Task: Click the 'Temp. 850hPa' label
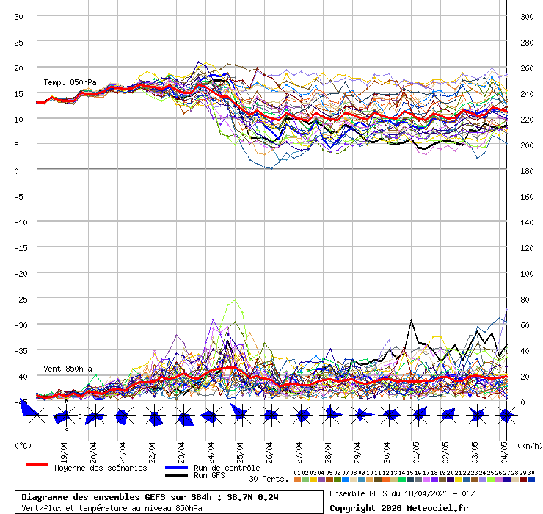(x=70, y=82)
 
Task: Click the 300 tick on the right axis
(x=527, y=17)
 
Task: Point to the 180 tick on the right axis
(x=527, y=171)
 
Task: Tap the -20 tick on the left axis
(x=21, y=274)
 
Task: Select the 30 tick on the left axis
(x=19, y=17)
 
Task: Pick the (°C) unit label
(x=23, y=446)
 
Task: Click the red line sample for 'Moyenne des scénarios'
(x=37, y=464)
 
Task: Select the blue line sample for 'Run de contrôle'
(x=176, y=468)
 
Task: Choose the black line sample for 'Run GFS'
(x=176, y=476)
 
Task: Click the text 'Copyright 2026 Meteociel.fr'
(x=398, y=507)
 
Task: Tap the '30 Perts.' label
(x=269, y=479)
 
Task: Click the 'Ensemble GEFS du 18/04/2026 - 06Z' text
(x=403, y=493)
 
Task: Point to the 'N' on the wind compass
(x=66, y=401)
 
